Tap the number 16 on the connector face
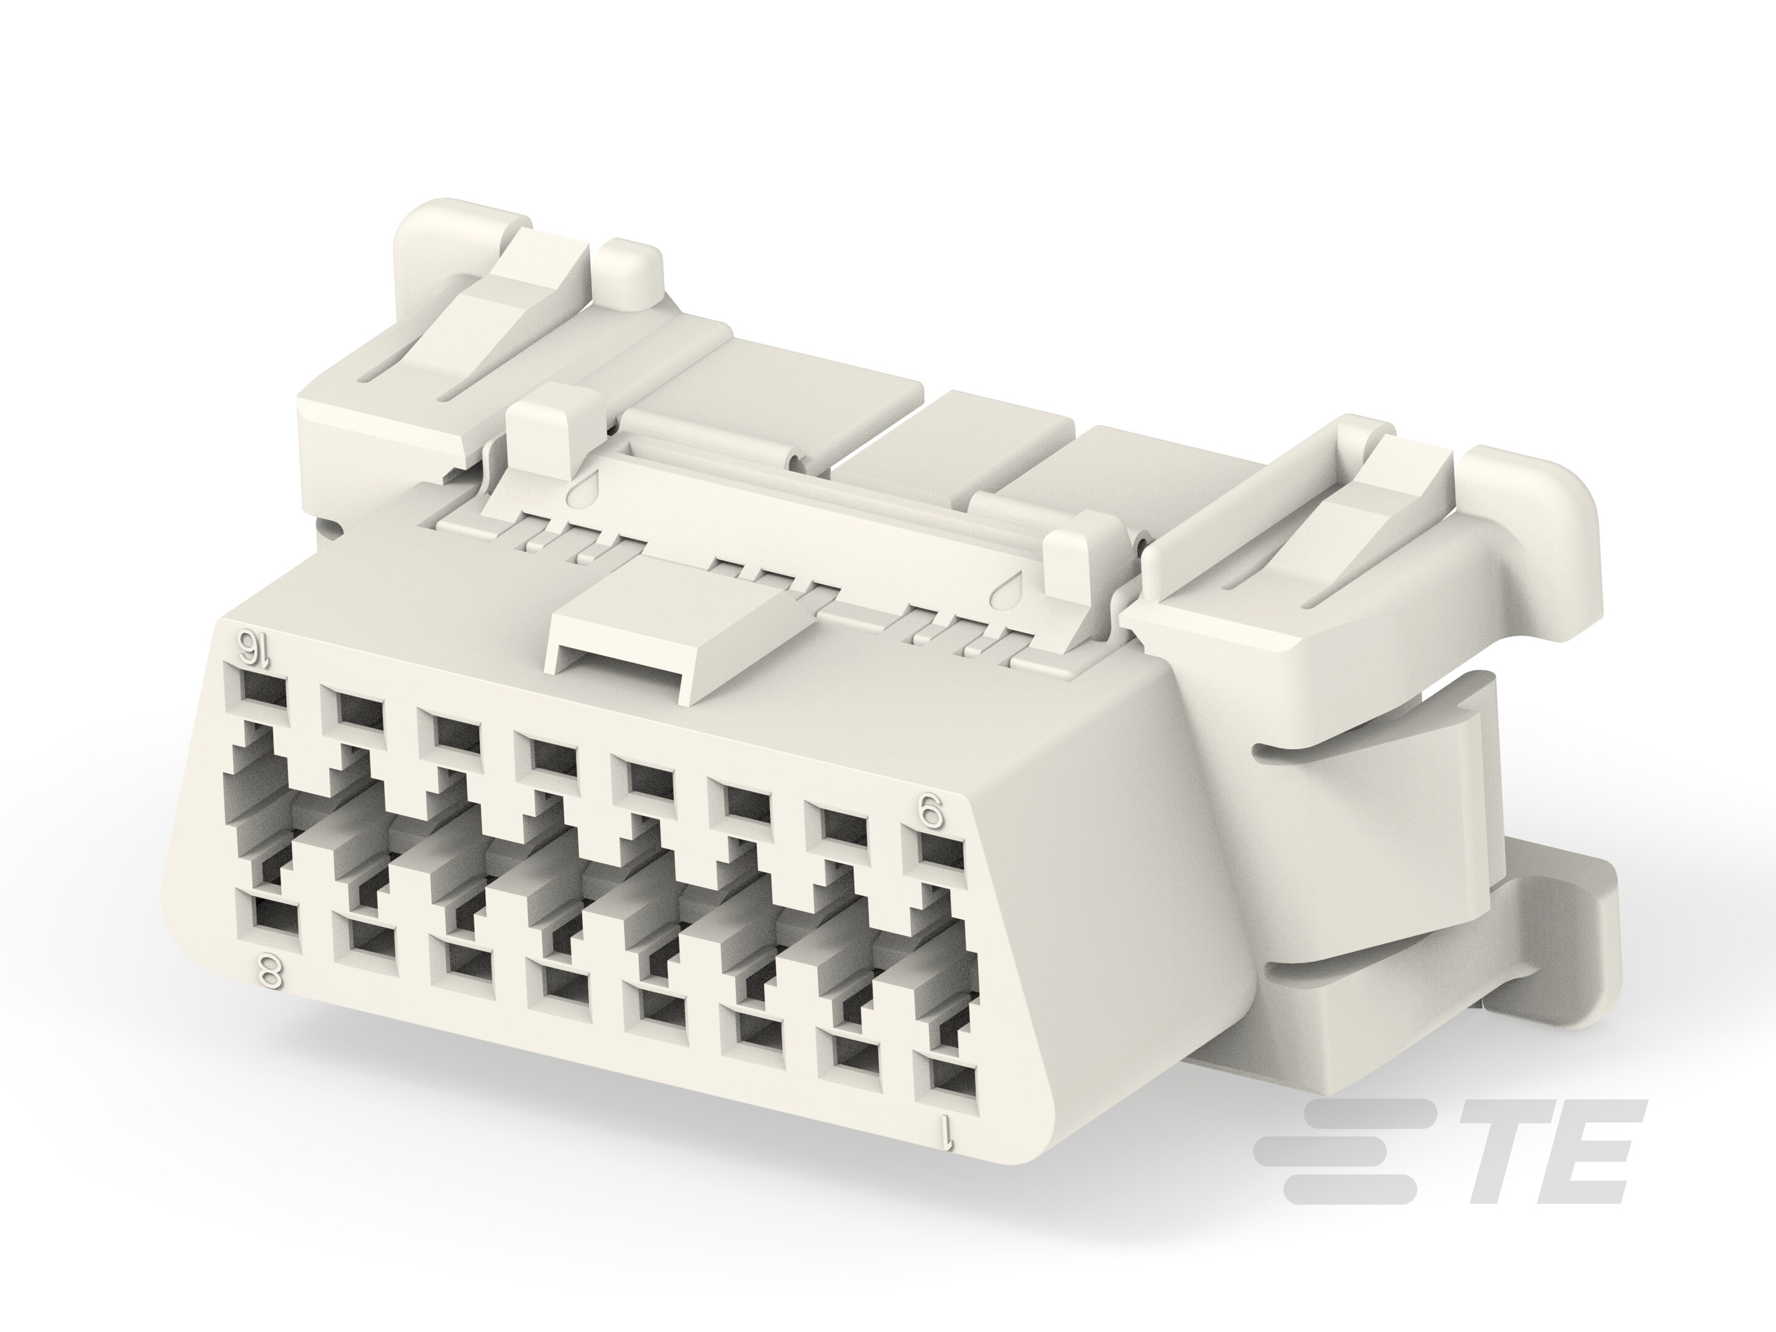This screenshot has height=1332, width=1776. point(255,644)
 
